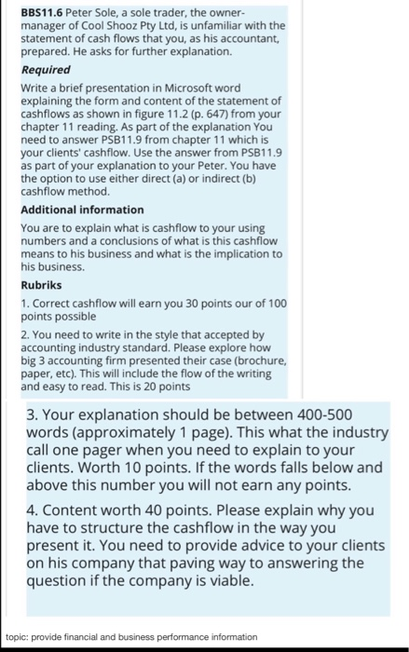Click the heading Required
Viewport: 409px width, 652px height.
(46, 70)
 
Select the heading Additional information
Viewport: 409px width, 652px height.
(82, 210)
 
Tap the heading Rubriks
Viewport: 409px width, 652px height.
(42, 285)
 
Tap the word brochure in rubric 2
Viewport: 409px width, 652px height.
(252, 358)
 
